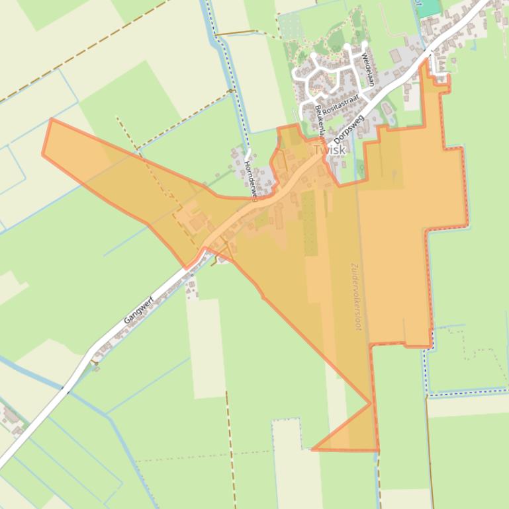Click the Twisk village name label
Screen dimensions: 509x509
(x=330, y=150)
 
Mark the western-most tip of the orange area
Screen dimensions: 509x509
(x=43, y=154)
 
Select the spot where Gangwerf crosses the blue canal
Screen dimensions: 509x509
(x=66, y=390)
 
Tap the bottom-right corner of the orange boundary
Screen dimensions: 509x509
(x=378, y=450)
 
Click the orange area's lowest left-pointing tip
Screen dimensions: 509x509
(x=312, y=450)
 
